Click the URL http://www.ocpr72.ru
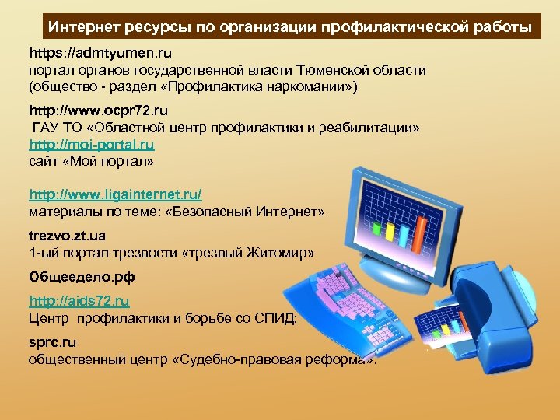[x=99, y=112]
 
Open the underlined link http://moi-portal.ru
[x=92, y=145]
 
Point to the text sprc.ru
[x=53, y=341]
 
